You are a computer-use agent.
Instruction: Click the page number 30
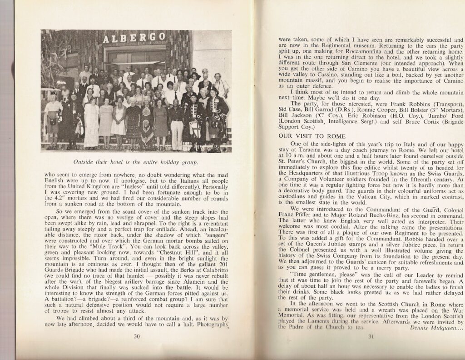coord(136,336)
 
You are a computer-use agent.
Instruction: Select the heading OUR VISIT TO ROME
coord(308,136)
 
